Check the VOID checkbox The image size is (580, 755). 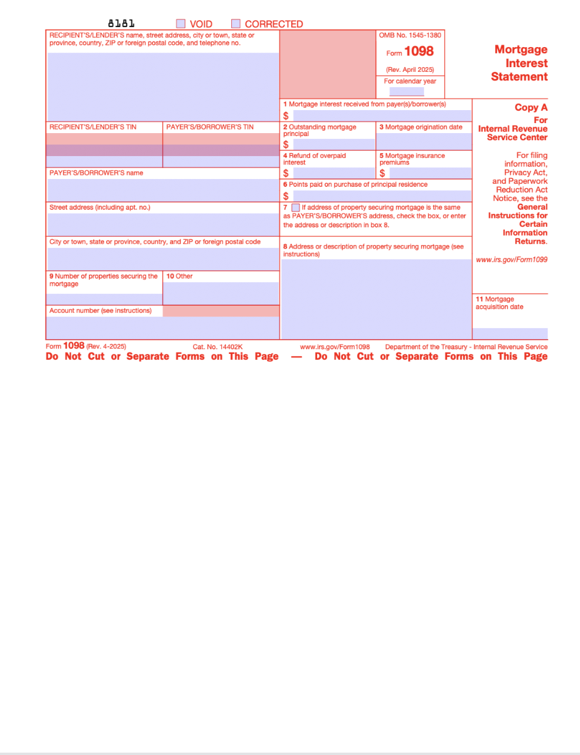pyautogui.click(x=181, y=24)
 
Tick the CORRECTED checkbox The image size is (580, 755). pyautogui.click(x=236, y=24)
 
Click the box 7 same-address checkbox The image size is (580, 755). pyautogui.click(x=296, y=207)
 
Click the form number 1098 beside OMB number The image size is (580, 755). pyautogui.click(x=418, y=52)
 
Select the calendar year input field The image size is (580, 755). pyautogui.click(x=406, y=91)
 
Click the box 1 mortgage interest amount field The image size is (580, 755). pyautogui.click(x=382, y=115)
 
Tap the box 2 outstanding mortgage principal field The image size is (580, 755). pyautogui.click(x=334, y=144)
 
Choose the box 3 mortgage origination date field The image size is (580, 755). pyautogui.click(x=424, y=141)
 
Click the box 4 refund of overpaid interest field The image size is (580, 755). pyautogui.click(x=334, y=173)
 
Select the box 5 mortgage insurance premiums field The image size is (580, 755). pyautogui.click(x=430, y=173)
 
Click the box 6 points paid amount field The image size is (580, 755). pyautogui.click(x=382, y=196)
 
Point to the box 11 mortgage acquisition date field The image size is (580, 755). pyautogui.click(x=510, y=333)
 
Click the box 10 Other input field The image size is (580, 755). pyautogui.click(x=221, y=293)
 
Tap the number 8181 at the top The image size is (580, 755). pyautogui.click(x=121, y=24)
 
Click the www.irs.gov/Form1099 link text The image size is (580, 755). pyautogui.click(x=511, y=260)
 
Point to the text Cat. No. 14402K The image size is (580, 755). pyautogui.click(x=217, y=347)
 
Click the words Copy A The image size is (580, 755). pyautogui.click(x=531, y=107)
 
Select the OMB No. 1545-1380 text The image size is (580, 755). pyautogui.click(x=410, y=35)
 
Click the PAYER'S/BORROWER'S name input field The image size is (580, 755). pyautogui.click(x=163, y=190)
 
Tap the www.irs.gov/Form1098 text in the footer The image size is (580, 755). pyautogui.click(x=335, y=347)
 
